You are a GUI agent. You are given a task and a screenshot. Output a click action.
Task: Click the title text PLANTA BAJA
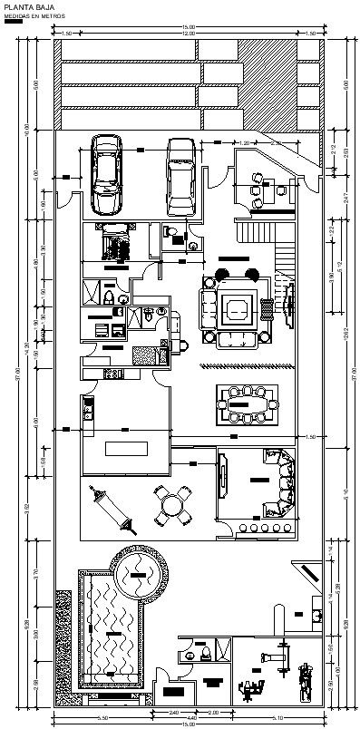(x=24, y=6)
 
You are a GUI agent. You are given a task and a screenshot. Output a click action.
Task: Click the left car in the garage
(x=107, y=170)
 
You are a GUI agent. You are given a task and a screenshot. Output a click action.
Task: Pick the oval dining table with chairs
(x=247, y=403)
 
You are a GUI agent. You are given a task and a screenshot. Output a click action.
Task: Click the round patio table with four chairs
(x=173, y=504)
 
